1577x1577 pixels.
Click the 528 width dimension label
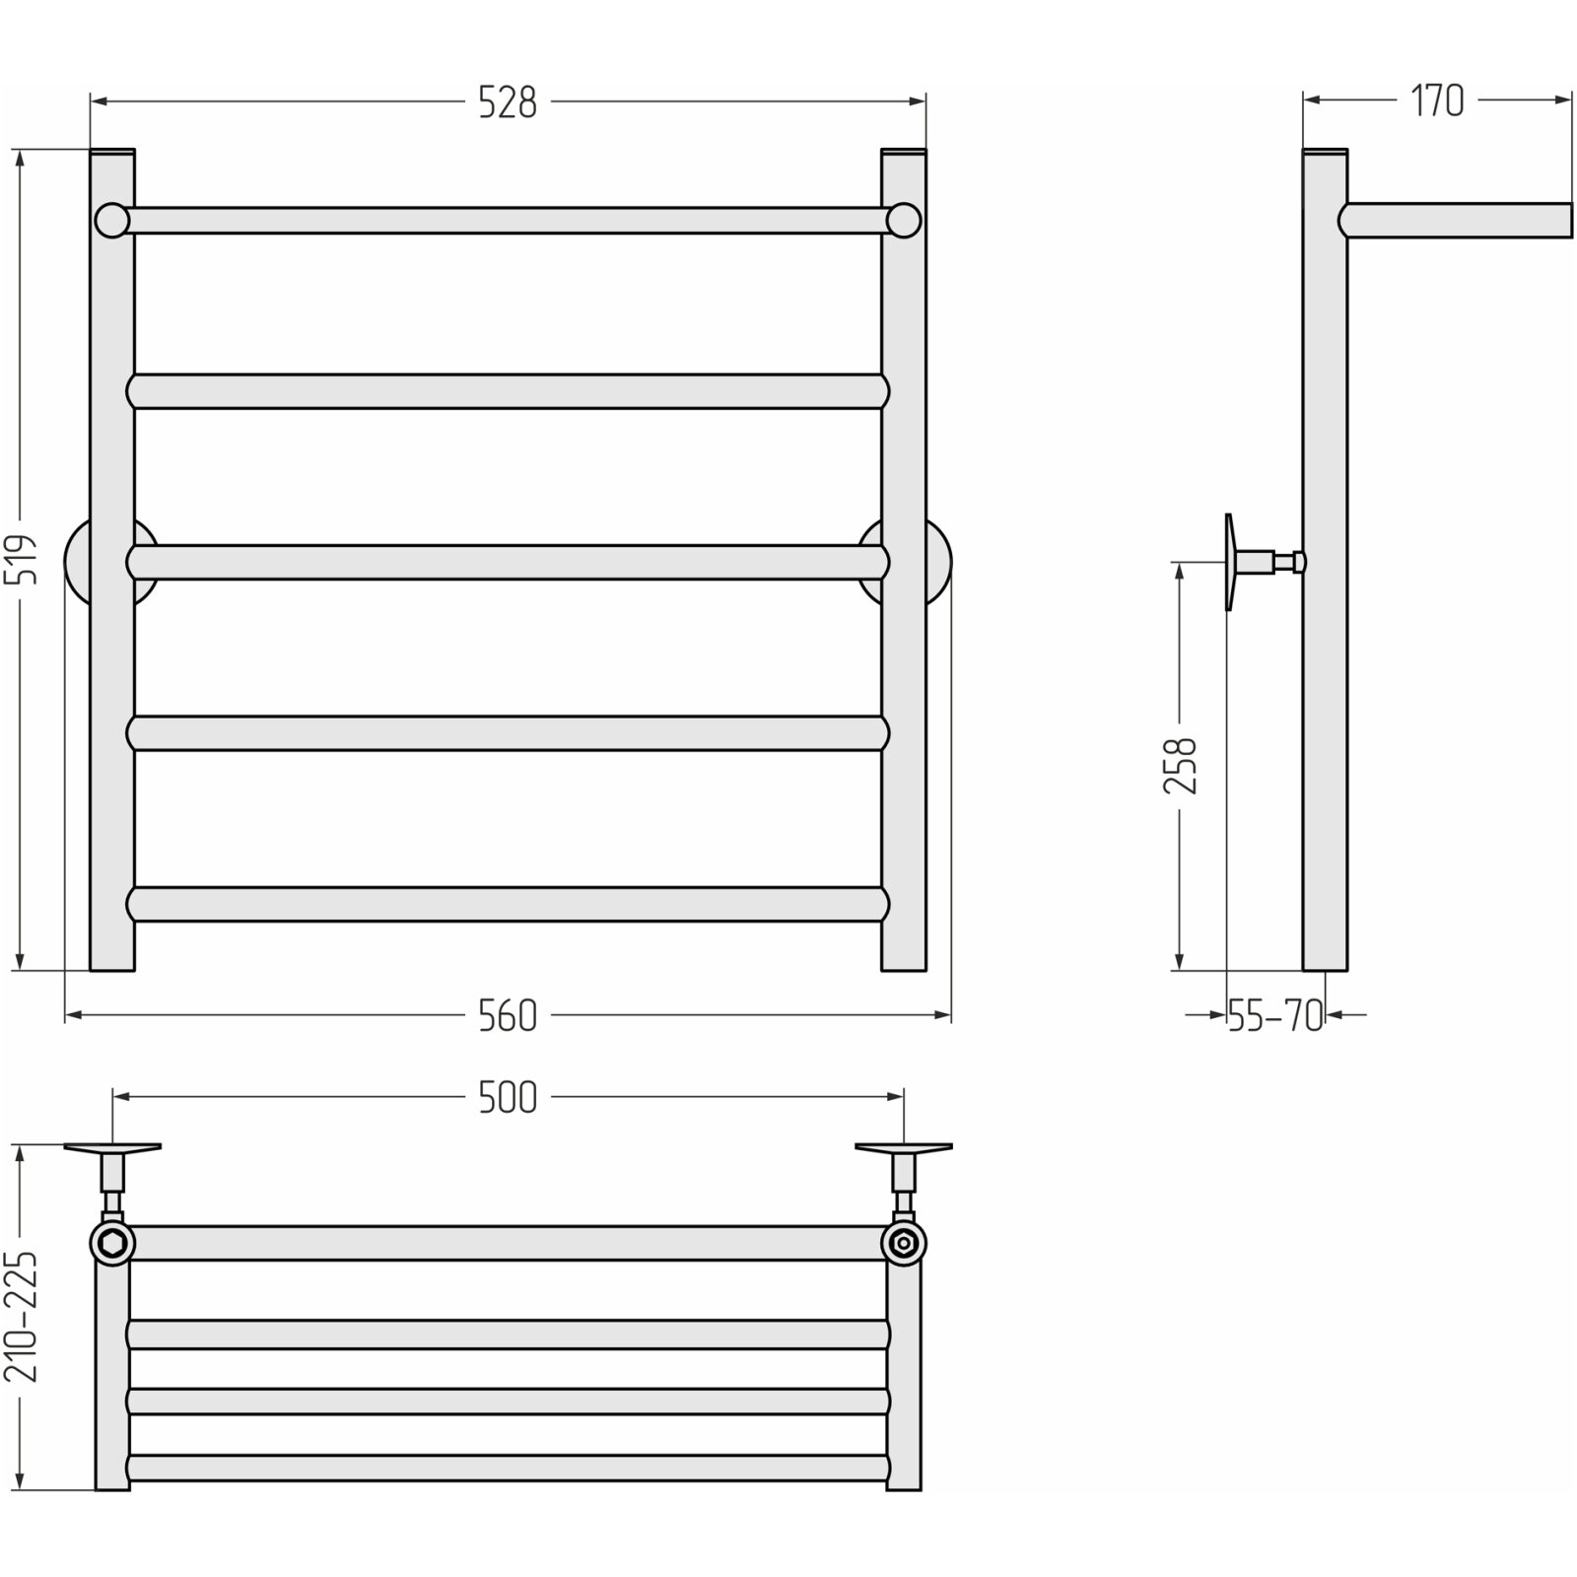[508, 102]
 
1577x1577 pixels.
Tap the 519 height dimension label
[22, 559]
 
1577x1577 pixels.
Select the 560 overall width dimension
[508, 1016]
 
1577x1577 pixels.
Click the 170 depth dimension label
[1437, 101]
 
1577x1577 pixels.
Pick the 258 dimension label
[1180, 765]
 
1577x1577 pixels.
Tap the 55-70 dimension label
[1276, 1015]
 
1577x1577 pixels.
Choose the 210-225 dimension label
[22, 1318]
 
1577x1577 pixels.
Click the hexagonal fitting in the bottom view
[111, 1243]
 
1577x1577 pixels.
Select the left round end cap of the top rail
[112, 220]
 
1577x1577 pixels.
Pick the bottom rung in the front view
[508, 904]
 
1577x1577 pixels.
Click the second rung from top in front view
[508, 391]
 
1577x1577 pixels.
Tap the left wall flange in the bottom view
[112, 1148]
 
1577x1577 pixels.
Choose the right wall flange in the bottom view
[904, 1148]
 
